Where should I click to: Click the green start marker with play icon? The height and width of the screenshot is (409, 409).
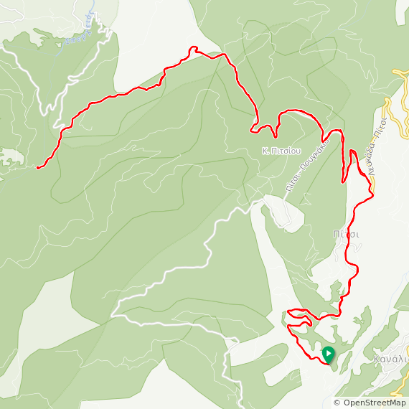coord(328,354)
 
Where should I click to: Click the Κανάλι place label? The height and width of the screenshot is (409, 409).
coord(390,358)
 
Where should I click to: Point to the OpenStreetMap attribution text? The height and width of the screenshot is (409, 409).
coord(370,403)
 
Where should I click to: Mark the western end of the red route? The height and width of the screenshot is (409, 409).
coord(37,167)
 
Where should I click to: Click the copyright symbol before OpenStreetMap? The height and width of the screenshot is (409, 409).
coord(337,403)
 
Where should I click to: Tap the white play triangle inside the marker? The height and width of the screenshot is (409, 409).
coord(328,353)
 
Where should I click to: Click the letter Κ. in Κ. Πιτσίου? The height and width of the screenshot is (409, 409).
coord(265,151)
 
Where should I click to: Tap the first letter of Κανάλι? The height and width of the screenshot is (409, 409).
coord(377,358)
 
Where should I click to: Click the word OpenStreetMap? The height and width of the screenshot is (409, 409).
coord(373,403)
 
